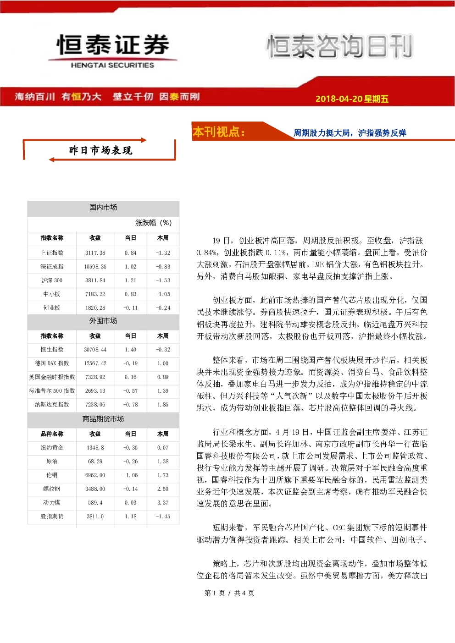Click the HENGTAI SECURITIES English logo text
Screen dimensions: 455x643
coord(112,65)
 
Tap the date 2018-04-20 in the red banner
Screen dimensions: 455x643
coord(339,99)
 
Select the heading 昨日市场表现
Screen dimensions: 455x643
coord(100,150)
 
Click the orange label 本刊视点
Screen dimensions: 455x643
coord(219,132)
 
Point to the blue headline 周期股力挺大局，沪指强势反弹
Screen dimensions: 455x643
coord(350,132)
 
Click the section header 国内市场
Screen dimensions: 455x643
coord(103,207)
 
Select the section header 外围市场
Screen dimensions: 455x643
coord(103,321)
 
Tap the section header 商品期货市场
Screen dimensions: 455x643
coord(103,419)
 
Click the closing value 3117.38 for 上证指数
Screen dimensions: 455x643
coord(95,253)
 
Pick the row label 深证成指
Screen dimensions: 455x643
coord(52,266)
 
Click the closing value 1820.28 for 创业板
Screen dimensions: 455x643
coord(95,308)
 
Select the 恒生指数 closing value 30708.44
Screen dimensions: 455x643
coord(95,349)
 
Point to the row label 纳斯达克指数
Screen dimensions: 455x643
coord(52,405)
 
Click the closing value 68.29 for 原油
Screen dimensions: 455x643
coord(95,462)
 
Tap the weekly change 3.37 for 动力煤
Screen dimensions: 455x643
coord(163,503)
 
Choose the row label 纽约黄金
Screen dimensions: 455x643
coord(52,447)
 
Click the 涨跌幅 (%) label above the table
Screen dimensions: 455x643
coord(153,222)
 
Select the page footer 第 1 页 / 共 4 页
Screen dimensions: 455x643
coord(229,593)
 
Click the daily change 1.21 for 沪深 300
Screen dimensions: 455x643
coord(130,280)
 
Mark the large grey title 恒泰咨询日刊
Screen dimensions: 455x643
coord(339,46)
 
